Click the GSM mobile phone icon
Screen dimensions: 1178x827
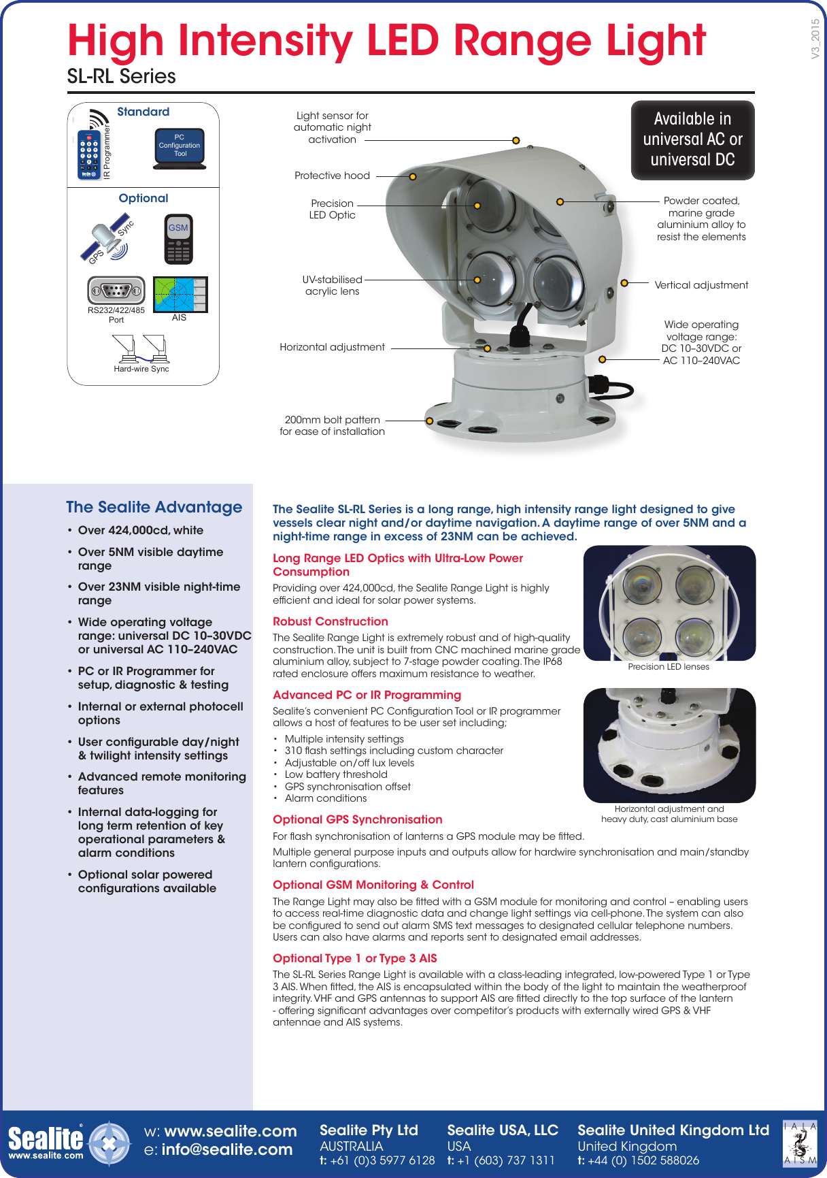[179, 239]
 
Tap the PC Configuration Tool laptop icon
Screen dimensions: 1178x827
[180, 148]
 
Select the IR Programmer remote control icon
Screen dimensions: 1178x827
[88, 154]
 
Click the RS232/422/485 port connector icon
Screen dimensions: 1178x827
[116, 291]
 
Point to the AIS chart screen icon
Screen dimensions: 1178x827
[180, 295]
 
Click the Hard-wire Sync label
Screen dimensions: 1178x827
[141, 369]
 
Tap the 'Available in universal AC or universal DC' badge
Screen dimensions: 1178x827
[692, 140]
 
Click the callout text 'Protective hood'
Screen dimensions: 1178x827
[332, 176]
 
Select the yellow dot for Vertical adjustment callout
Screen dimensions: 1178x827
[624, 283]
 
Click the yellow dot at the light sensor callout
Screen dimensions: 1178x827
[516, 140]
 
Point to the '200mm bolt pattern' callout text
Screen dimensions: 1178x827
[332, 420]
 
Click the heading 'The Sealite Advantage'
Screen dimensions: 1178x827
[154, 507]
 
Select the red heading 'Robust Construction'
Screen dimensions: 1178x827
[331, 621]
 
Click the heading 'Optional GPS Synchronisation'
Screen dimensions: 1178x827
[357, 819]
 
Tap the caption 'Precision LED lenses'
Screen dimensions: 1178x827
[669, 667]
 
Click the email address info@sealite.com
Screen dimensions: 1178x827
[226, 1150]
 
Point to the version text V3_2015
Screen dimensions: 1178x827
[815, 39]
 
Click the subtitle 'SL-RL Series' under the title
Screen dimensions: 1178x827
[121, 76]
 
